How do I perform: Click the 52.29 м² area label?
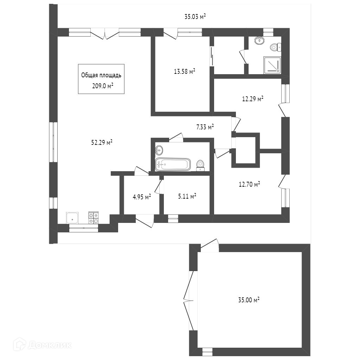pyautogui.click(x=102, y=143)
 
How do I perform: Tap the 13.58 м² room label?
pyautogui.click(x=185, y=71)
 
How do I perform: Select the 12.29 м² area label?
pyautogui.click(x=252, y=99)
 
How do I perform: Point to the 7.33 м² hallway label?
pyautogui.click(x=205, y=127)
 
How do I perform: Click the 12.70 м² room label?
pyautogui.click(x=249, y=184)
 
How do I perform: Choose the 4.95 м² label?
pyautogui.click(x=142, y=197)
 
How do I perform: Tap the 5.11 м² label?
pyautogui.click(x=187, y=196)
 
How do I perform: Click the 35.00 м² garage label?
pyautogui.click(x=249, y=300)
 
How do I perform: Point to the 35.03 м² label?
pyautogui.click(x=195, y=17)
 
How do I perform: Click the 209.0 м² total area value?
pyautogui.click(x=103, y=86)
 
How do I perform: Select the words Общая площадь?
pyautogui.click(x=101, y=75)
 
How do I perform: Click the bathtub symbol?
pyautogui.click(x=173, y=164)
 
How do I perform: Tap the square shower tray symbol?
pyautogui.click(x=272, y=65)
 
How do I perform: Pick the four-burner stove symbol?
pyautogui.click(x=94, y=218)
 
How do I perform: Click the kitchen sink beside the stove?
pyautogui.click(x=72, y=218)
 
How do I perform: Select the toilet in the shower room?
pyautogui.click(x=276, y=47)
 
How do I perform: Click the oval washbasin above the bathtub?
pyautogui.click(x=159, y=150)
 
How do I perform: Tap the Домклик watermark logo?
pyautogui.click(x=42, y=345)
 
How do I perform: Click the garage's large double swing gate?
pyautogui.click(x=188, y=300)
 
